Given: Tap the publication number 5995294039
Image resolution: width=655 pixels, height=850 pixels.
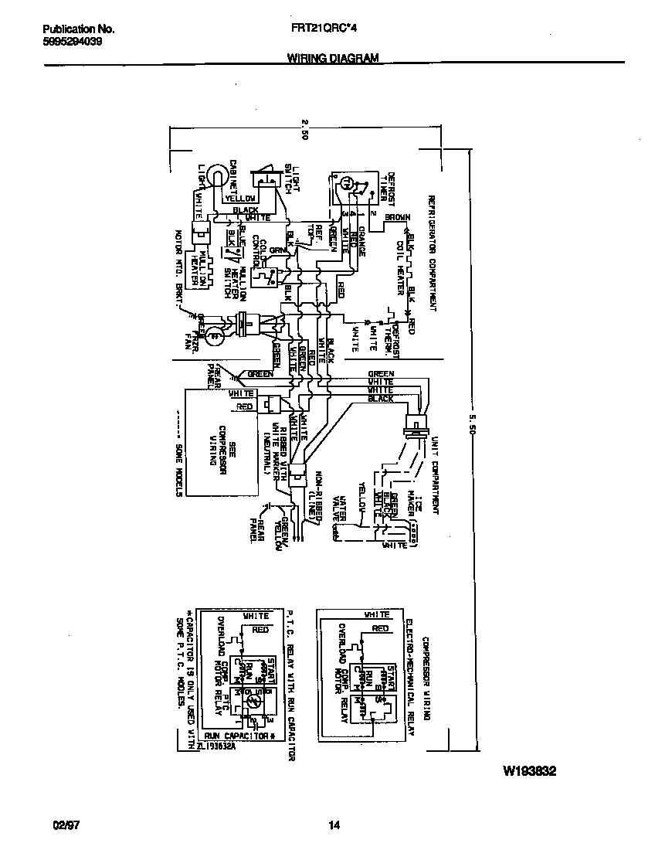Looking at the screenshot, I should pos(71,42).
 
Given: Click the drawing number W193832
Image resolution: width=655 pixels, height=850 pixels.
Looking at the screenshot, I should pos(530,771).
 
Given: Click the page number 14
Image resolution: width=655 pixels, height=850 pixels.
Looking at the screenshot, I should pos(334,825).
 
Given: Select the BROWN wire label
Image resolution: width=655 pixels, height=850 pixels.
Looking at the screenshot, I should pos(397,218).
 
